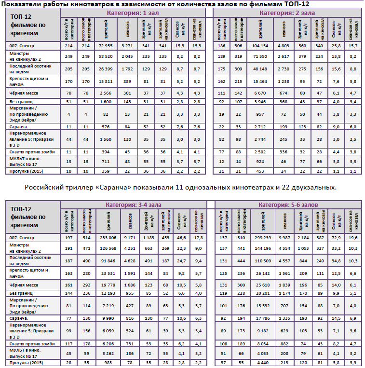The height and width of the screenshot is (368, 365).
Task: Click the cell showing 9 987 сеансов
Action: click(x=286, y=237)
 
